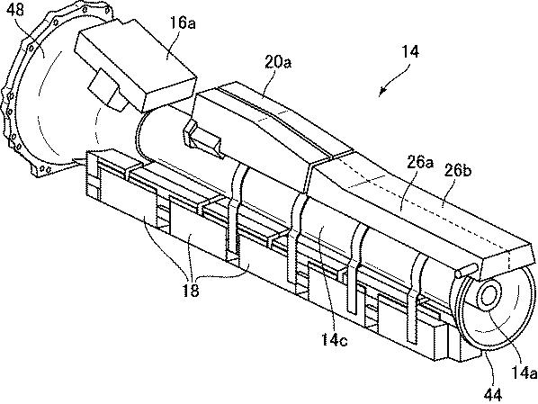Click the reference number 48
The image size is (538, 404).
point(15,10)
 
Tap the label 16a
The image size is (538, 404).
point(183,23)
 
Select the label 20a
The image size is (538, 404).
point(278,62)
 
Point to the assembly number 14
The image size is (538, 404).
point(410,51)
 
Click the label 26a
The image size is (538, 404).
point(419,162)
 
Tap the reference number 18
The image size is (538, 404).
point(191,291)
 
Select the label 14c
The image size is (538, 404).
point(334,339)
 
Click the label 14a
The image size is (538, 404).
point(524,373)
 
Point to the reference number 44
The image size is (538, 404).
point(493,395)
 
